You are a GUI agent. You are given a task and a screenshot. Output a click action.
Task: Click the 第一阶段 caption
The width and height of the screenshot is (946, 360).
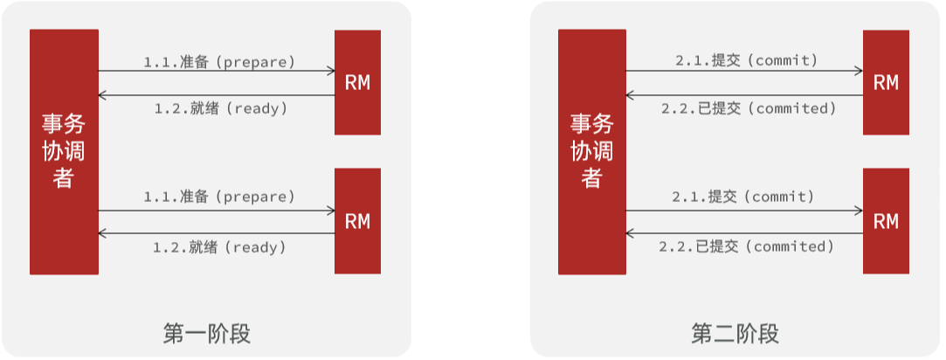206,333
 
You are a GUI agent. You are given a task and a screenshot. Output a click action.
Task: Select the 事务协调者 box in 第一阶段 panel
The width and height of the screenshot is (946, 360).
63,152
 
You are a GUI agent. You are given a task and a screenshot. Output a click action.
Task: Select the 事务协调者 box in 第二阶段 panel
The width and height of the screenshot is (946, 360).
591,152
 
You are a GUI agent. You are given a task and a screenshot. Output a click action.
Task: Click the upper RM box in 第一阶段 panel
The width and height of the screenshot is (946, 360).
357,82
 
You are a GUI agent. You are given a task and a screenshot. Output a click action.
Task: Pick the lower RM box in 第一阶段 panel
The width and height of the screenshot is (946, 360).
357,221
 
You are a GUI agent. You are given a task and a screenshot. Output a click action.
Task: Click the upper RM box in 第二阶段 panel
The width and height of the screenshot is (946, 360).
886,82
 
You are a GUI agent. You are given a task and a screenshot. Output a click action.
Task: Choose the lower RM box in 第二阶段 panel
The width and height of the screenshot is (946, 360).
886,221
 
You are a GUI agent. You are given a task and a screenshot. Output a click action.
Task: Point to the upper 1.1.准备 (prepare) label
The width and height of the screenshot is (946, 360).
219,62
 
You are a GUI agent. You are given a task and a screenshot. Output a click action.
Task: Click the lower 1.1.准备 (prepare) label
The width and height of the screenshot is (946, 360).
219,197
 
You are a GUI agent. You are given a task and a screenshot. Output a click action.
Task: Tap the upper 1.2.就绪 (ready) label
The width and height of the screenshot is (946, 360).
220,109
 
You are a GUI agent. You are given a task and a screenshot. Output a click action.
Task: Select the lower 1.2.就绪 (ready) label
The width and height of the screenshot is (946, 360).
220,247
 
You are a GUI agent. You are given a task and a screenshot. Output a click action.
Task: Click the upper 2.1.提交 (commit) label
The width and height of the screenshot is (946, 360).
745,60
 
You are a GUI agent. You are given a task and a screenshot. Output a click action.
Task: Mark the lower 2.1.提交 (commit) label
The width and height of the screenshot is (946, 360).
743,197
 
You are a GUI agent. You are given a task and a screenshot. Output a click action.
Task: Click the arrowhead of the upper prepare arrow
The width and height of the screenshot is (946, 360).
331,71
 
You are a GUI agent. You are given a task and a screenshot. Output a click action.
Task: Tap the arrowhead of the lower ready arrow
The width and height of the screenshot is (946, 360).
102,233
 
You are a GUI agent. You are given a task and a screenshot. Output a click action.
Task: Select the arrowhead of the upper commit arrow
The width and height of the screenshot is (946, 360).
860,71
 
